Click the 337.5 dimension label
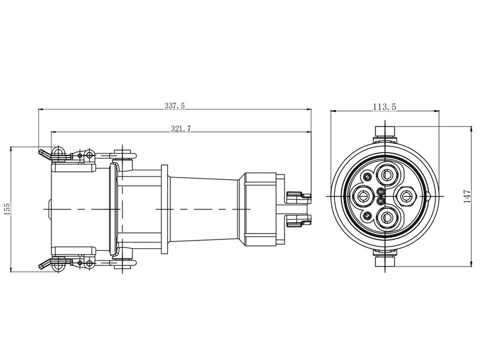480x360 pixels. pos(175,106)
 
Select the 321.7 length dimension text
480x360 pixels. pos(181,128)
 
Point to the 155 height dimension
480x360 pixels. pos(7,209)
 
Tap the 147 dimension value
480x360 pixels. pos(467,197)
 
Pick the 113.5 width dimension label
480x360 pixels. pos(385,107)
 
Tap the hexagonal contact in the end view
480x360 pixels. pos(407,195)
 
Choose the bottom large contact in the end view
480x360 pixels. pos(386,217)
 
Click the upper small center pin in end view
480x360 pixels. pos(381,192)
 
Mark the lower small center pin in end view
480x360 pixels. pos(381,201)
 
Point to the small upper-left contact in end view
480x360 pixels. pos(367,176)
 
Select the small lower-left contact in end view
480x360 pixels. pos(367,216)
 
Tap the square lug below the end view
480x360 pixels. pos(385,261)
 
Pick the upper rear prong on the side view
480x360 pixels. pos(299,197)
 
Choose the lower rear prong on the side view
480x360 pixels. pos(299,220)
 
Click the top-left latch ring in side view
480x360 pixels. pos(58,152)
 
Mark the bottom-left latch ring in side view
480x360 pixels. pos(58,266)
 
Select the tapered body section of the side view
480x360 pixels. pos(205,209)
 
